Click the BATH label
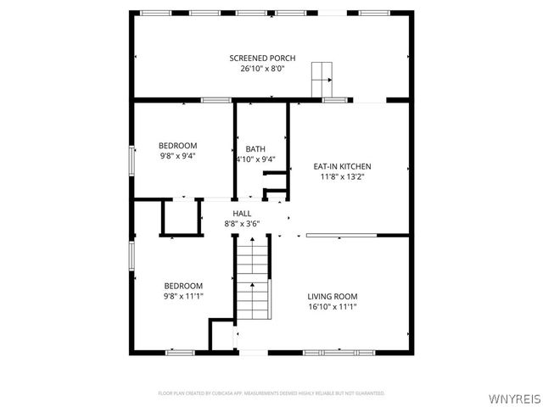coord(255,149)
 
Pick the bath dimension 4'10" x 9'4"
coord(255,159)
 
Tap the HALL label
coord(242,214)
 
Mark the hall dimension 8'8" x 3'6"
coord(242,224)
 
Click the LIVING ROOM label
coord(333,296)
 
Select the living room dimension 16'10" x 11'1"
coord(333,306)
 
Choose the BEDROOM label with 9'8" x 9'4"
coord(178,145)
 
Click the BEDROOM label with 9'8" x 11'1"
coord(183,286)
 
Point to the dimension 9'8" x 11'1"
coord(183,296)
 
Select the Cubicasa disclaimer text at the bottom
coord(271,393)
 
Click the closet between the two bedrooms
coord(179,218)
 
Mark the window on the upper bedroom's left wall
coord(132,161)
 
